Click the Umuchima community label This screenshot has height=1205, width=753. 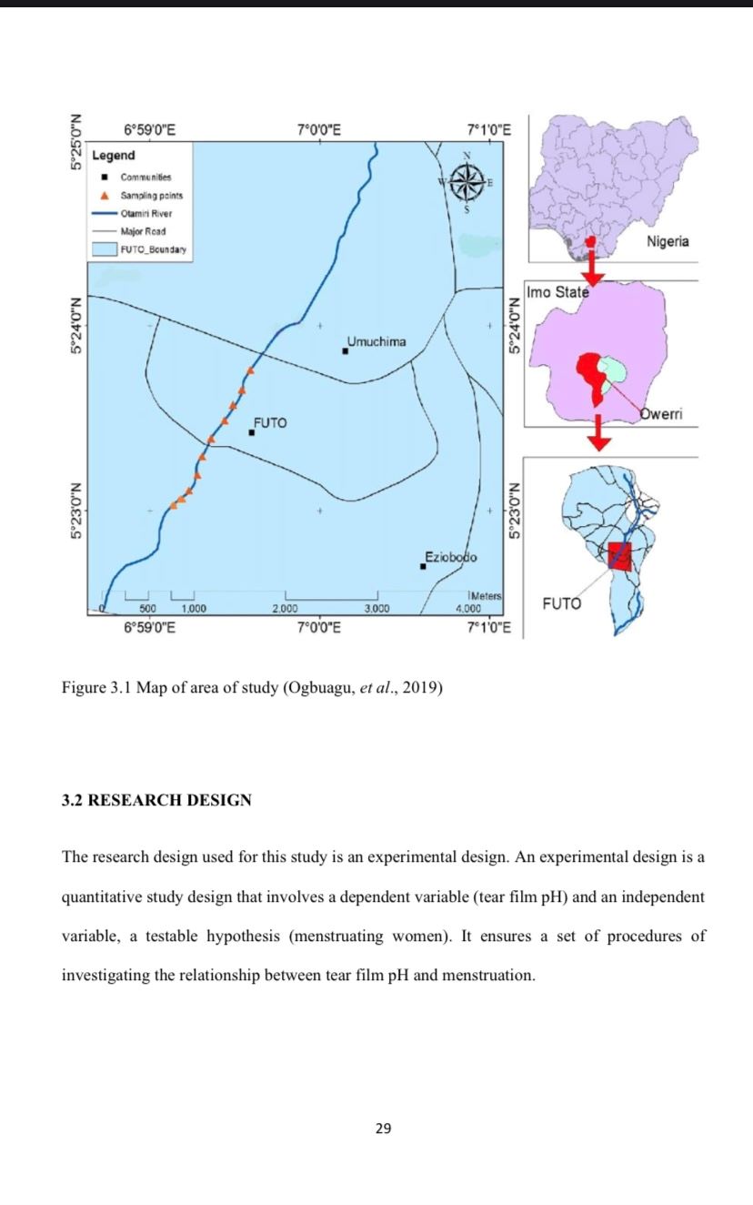coord(376,341)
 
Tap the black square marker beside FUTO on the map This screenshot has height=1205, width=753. coord(252,432)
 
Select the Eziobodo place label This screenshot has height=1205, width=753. coord(451,556)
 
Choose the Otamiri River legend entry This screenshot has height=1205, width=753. coord(146,214)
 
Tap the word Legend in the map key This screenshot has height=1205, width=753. coord(114,156)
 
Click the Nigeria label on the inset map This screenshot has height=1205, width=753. coord(668,241)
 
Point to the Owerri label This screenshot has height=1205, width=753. coord(661,414)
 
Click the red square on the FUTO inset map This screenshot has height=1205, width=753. coord(619,556)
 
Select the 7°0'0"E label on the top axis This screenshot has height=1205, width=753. coord(319,129)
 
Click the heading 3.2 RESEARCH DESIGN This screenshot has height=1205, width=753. coord(156,801)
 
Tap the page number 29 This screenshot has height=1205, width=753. coord(383,1129)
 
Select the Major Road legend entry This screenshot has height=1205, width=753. coord(143,231)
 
